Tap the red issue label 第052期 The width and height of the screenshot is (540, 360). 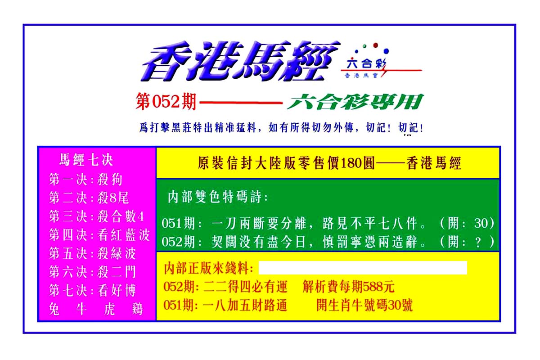coord(166,102)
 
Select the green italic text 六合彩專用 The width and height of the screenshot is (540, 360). coord(355,102)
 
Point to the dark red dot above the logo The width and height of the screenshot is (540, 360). coord(375,45)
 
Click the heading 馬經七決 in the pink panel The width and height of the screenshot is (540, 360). coord(86,160)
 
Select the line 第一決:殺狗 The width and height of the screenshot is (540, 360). coord(86,180)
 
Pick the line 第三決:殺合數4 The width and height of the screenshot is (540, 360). coord(96,216)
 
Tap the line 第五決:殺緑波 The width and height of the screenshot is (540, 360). coord(93,253)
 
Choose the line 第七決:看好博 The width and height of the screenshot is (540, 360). coord(93,290)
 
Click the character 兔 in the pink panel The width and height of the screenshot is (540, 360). coord(54,309)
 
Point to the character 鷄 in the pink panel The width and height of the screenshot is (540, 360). coord(138,309)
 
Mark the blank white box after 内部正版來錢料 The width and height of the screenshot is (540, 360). coord(363,268)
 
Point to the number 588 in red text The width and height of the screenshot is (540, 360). coord(373,287)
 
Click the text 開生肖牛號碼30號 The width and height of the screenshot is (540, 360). coord(364,305)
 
